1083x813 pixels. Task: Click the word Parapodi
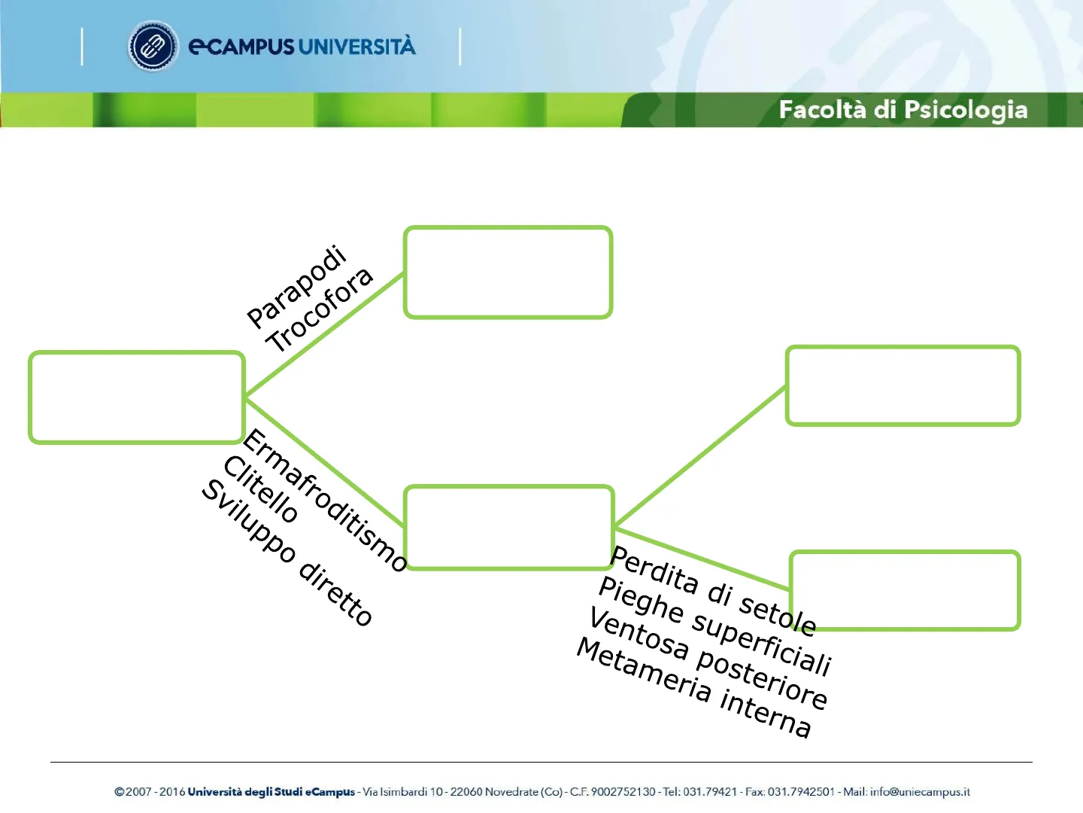297,286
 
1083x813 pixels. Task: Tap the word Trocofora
319,310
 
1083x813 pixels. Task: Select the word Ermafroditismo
325,500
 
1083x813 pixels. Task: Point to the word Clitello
260,489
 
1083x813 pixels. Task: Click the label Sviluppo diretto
287,553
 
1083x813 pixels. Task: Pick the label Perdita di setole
713,590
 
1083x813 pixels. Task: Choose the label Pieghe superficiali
715,626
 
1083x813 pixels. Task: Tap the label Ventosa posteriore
708,659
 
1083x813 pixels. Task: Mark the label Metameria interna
694,687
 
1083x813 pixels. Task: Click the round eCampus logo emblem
153,47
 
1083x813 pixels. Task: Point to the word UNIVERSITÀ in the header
357,47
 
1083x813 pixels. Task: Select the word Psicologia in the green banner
966,111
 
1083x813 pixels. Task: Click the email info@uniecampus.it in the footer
920,792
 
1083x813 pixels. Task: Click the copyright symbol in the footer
119,792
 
